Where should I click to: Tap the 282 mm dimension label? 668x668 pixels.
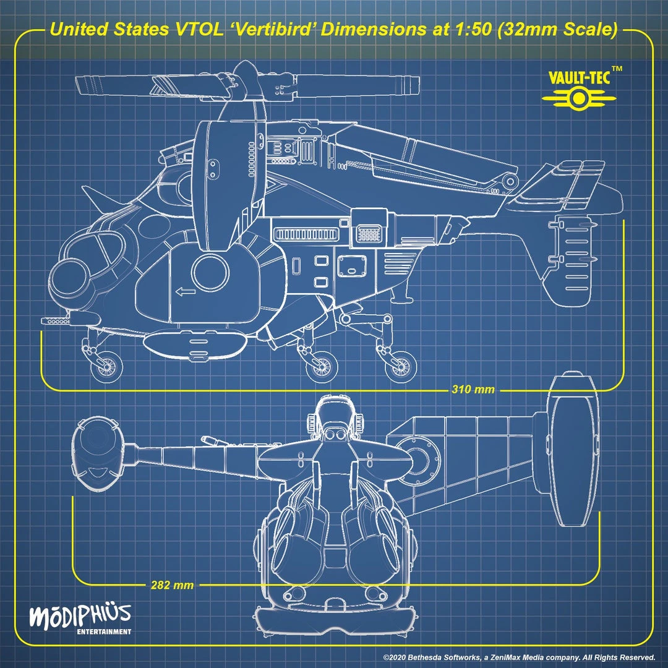click(172, 584)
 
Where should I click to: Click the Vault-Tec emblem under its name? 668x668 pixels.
click(578, 99)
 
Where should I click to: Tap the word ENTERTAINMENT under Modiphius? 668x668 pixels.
click(104, 632)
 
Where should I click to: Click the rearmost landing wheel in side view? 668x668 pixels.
click(399, 365)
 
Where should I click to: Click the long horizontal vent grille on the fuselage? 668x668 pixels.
click(306, 234)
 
